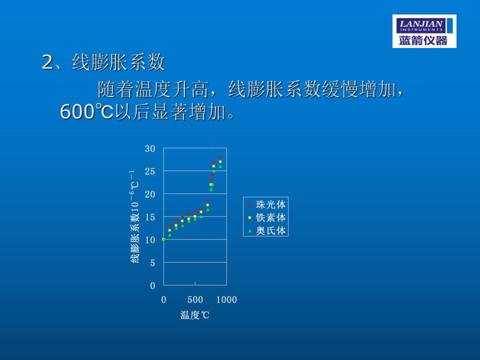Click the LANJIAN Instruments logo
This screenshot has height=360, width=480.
pos(424,31)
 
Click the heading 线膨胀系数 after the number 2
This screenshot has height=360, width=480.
pos(119,62)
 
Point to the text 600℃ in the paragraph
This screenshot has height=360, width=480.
pos(86,111)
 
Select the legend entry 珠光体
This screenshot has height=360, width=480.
pos(266,204)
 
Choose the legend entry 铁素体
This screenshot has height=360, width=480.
pos(266,217)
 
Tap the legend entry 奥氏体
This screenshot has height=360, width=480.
pos(266,230)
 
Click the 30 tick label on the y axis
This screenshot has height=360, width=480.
pos(150,149)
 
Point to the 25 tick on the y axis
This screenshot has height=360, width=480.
pos(150,171)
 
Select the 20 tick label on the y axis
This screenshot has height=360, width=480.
pos(150,194)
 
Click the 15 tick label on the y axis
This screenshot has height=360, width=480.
pos(150,217)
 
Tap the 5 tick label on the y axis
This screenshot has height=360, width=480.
pos(152,262)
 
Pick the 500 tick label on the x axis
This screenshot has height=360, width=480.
pos(195,299)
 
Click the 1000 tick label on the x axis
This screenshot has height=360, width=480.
pos(226,299)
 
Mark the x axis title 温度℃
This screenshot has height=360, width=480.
pos(194,315)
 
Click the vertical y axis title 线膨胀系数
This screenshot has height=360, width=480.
pos(135,237)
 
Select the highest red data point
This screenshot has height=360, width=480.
pos(220,157)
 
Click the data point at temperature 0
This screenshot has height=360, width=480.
pos(163,239)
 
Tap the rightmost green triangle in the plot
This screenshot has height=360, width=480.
pos(220,166)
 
